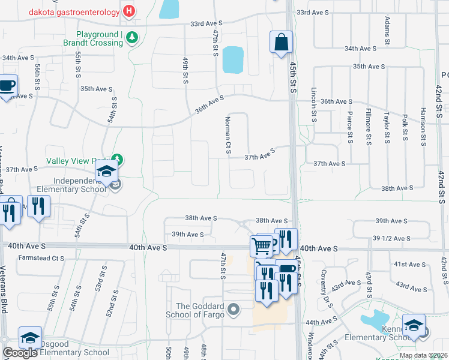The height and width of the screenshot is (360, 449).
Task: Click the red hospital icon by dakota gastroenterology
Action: [128, 11]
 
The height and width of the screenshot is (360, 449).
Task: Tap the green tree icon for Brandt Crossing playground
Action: [131, 38]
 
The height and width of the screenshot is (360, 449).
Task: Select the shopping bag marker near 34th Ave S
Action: [280, 42]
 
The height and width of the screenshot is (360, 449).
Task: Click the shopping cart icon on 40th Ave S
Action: [262, 245]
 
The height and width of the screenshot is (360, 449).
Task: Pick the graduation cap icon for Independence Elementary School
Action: [106, 173]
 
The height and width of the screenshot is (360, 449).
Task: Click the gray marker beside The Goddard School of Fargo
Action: [234, 310]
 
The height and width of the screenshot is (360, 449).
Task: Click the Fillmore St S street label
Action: [368, 127]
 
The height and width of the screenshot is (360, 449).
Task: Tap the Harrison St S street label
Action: [423, 127]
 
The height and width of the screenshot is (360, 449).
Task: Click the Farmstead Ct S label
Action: [41, 259]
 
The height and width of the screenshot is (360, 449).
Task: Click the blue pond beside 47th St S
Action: [232, 59]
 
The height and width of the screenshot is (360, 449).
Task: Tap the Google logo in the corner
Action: [20, 353]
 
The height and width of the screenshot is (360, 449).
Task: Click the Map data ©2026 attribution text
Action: [423, 355]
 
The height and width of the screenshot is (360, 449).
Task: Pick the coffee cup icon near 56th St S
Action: [7, 86]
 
